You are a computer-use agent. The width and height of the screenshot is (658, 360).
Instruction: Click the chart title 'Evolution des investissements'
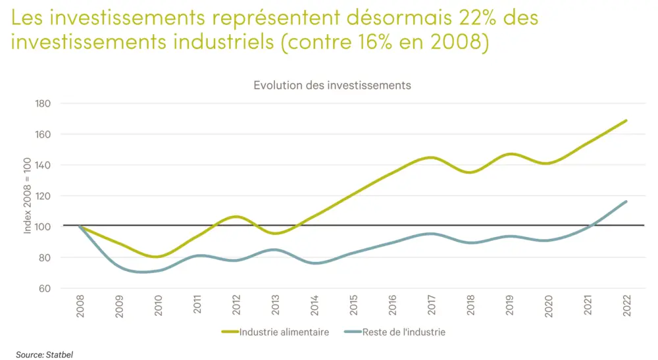pos(332,86)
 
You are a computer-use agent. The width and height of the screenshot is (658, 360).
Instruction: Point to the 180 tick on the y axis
pos(43,103)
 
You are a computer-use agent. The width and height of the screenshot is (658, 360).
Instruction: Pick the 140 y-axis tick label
pos(43,165)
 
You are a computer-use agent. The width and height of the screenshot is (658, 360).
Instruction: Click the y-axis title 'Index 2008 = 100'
pos(28,196)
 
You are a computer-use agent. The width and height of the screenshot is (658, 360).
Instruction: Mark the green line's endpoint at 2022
pos(625,120)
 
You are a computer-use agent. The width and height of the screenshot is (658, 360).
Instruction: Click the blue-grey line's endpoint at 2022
pos(625,201)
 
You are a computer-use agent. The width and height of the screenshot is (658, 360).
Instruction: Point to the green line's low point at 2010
pos(158,257)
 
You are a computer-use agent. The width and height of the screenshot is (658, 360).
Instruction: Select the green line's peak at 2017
pos(431,157)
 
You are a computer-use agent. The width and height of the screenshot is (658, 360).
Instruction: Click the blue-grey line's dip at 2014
pos(315,263)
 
